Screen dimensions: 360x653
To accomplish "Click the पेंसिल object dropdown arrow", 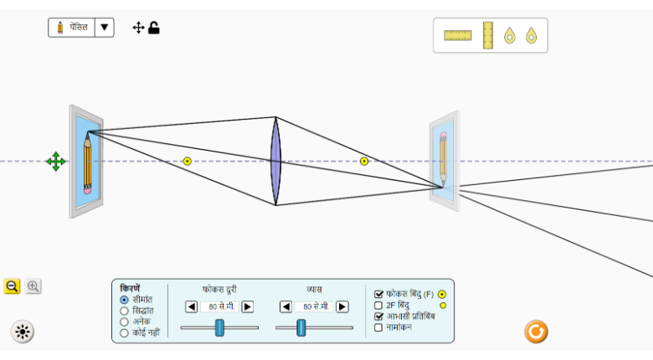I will (104, 28).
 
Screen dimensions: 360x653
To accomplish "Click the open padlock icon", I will (154, 28).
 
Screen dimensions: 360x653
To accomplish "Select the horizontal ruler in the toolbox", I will (458, 35).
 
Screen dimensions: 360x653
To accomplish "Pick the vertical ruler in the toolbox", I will (487, 35).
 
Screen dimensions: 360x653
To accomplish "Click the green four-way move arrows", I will (56, 162).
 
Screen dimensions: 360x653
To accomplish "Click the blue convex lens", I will (275, 161).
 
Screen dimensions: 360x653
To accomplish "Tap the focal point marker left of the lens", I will (188, 162).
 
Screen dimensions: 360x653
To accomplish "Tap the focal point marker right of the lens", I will (364, 161).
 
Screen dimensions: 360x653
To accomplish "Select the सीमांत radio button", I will (125, 300).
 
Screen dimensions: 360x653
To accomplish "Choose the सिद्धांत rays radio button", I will (125, 311).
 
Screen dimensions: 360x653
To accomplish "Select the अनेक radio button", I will (125, 321).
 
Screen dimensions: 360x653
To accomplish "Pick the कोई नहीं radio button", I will (125, 332).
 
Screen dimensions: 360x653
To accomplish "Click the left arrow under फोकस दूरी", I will (191, 306).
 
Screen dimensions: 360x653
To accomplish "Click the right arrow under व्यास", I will (342, 306).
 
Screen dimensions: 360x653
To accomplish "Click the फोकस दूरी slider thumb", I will (219, 327).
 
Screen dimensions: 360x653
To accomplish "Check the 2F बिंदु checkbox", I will (378, 306).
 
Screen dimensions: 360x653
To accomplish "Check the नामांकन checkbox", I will (378, 327).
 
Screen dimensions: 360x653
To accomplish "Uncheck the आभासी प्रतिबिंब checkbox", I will (378, 316).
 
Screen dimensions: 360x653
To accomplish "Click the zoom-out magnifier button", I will (13, 286).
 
